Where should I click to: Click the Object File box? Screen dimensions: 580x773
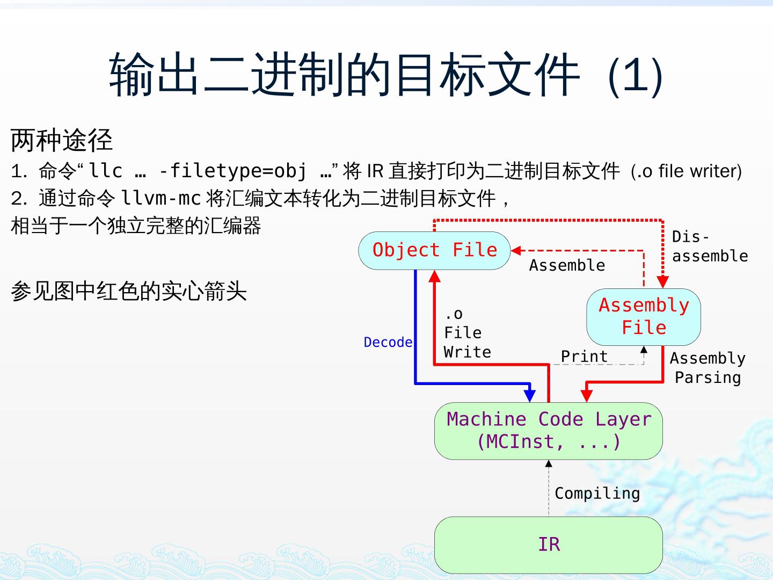[x=434, y=250]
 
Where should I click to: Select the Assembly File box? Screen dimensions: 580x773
[x=644, y=317]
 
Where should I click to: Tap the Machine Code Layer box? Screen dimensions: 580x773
[x=548, y=431]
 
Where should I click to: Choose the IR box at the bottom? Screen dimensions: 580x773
[x=548, y=545]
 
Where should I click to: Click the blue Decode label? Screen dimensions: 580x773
[x=388, y=342]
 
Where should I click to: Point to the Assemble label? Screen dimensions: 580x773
[x=567, y=265]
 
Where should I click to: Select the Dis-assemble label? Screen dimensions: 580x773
[x=710, y=247]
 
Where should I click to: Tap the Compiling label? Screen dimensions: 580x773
[x=597, y=493]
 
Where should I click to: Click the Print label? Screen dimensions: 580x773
[x=584, y=356]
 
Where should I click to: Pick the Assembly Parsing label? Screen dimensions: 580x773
[x=708, y=368]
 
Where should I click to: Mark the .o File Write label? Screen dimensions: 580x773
[x=467, y=333]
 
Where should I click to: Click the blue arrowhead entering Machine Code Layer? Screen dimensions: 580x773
[x=530, y=395]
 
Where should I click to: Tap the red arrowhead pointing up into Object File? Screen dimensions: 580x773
[x=435, y=276]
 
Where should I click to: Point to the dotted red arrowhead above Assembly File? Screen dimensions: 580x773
[x=663, y=282]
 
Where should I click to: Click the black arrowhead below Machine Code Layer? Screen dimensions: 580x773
[x=549, y=463]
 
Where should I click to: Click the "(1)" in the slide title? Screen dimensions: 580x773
[x=636, y=76]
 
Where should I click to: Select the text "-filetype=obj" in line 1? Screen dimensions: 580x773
[x=232, y=171]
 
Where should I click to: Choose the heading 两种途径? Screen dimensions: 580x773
[x=62, y=140]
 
